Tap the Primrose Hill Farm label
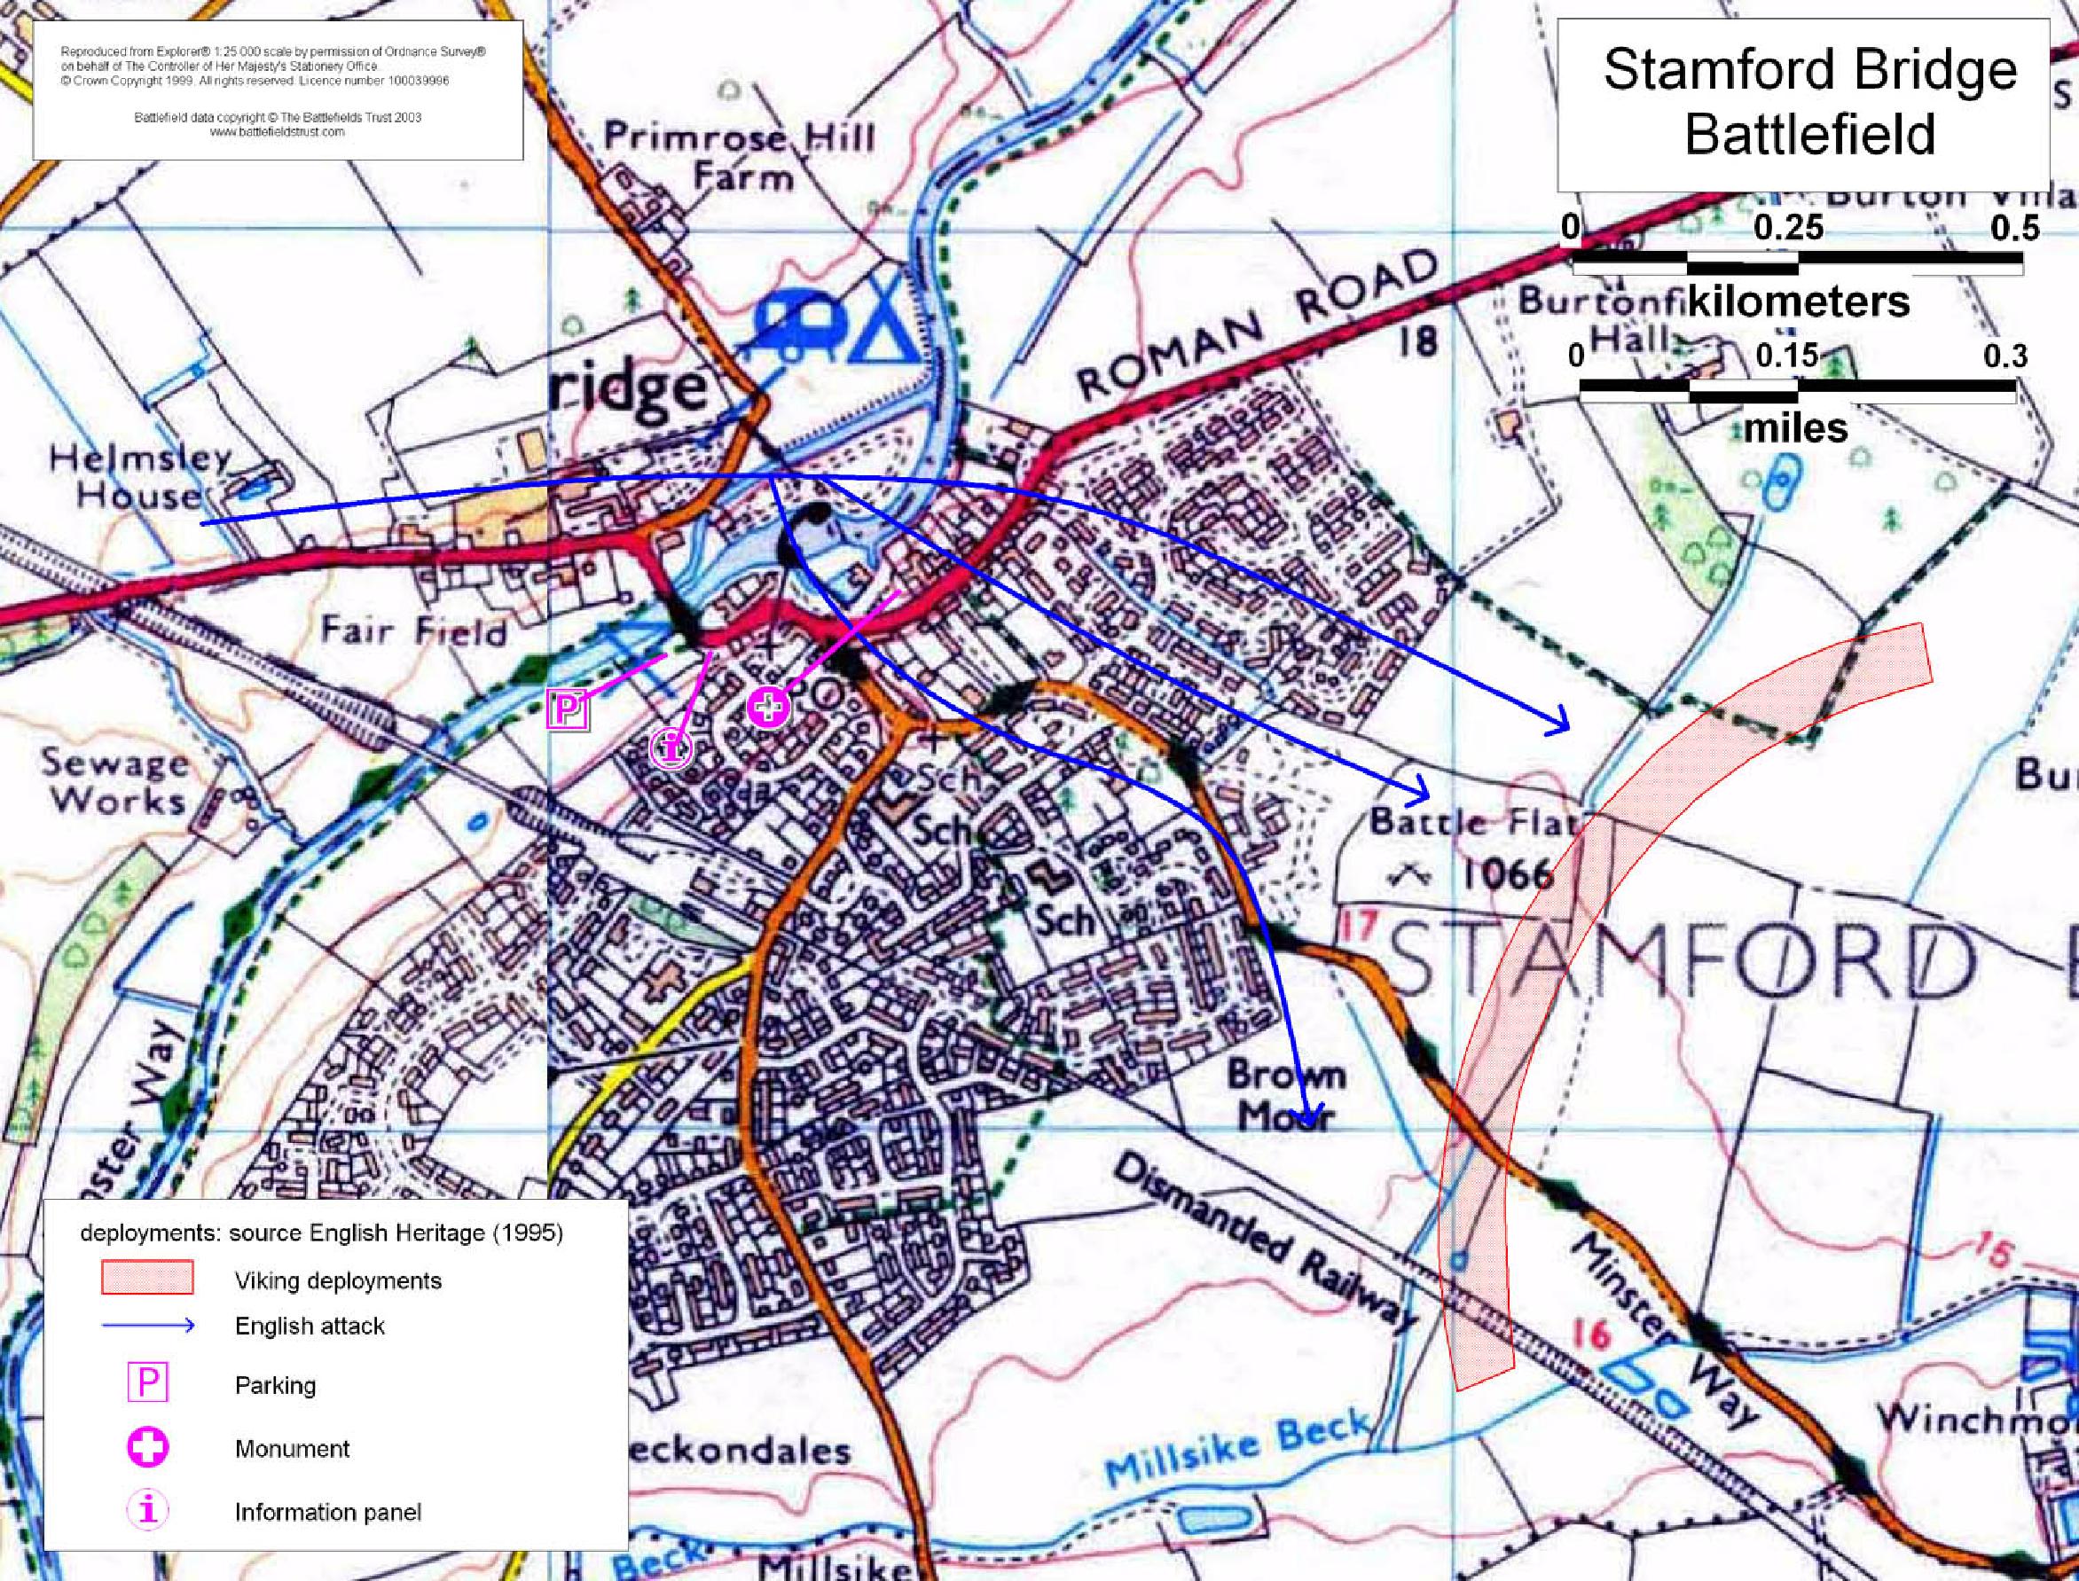(x=738, y=156)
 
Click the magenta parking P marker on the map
(x=567, y=708)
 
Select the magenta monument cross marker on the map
(x=767, y=708)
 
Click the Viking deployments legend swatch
(x=147, y=1278)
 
